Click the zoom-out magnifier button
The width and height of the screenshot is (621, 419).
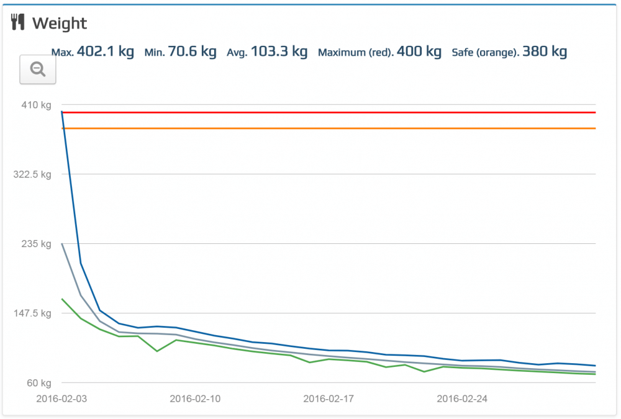(38, 70)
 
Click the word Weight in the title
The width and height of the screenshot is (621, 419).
(60, 24)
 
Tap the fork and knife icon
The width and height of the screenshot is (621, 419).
(18, 23)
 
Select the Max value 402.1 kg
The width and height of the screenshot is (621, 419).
(105, 52)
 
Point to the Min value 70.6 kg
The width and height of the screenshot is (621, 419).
(193, 52)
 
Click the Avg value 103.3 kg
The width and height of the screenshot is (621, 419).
(279, 52)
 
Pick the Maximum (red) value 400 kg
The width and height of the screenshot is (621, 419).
(419, 52)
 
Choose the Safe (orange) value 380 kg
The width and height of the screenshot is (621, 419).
(545, 52)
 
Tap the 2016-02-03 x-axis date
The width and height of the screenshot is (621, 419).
(61, 399)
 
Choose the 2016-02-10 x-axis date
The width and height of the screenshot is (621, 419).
(195, 399)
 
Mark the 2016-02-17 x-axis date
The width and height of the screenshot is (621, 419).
(329, 399)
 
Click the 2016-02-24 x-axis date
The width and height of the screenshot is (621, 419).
(462, 399)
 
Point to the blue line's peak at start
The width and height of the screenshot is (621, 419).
(62, 111)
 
